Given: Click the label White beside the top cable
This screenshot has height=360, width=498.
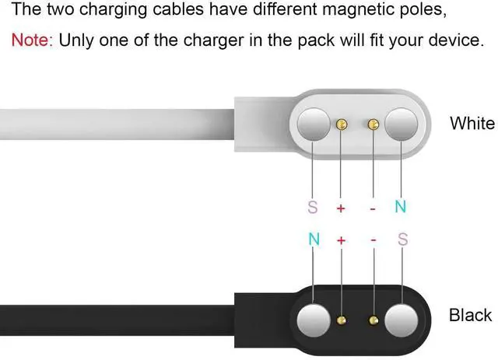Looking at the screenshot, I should tap(472, 123).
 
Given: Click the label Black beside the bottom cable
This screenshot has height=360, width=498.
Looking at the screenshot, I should tap(470, 315).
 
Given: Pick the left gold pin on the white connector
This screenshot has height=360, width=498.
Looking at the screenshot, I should tap(340, 123).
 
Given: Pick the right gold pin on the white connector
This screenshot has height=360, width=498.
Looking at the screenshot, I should tap(373, 123).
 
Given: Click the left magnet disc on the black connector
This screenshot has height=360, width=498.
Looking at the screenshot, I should tap(314, 319).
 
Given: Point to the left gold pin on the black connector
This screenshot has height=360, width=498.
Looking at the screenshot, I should tap(340, 318).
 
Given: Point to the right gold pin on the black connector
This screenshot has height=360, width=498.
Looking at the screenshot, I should tap(373, 318).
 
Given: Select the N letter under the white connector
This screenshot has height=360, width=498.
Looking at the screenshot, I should tap(402, 208).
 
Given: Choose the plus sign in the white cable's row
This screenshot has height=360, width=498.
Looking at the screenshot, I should tap(340, 208).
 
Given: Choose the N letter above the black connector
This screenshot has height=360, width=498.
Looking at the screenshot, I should tap(314, 240).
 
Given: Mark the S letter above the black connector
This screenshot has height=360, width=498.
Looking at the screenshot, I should tap(402, 240).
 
